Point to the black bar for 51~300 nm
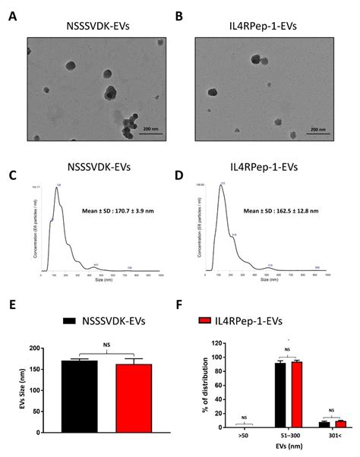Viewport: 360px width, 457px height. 279,396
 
